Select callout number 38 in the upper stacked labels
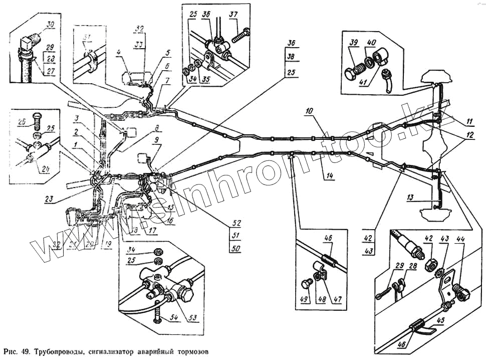[290, 57]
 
